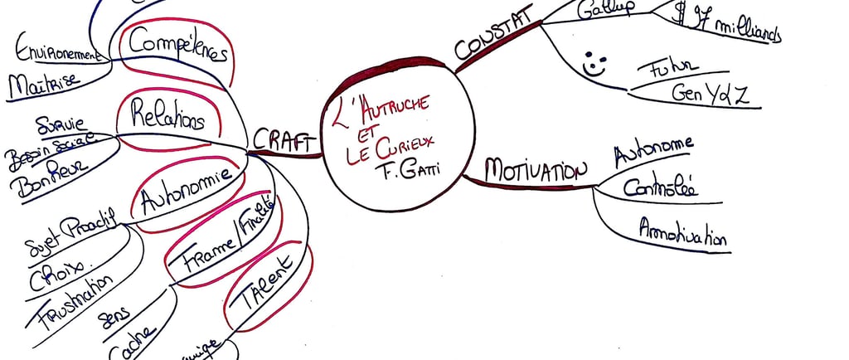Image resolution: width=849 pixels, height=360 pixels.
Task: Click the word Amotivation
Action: (x=682, y=231)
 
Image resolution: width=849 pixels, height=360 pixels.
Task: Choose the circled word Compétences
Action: (x=177, y=46)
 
